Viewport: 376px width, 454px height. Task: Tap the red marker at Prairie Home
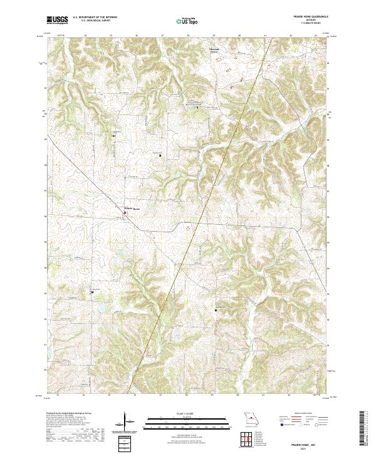pos(124,213)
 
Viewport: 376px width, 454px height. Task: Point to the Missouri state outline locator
pos(250,418)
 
